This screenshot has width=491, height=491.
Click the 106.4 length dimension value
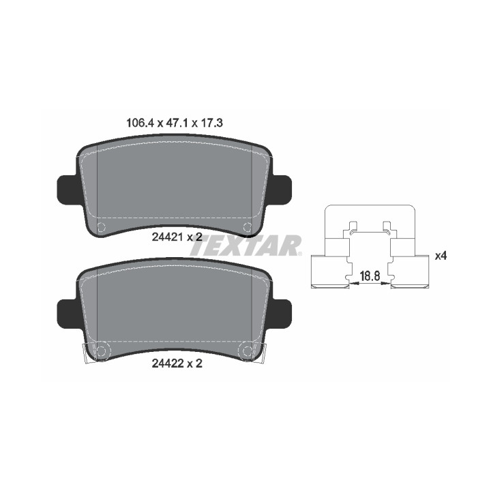[140, 123]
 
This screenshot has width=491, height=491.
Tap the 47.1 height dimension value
[177, 123]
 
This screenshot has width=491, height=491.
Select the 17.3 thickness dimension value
[211, 123]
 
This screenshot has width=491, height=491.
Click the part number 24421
[167, 237]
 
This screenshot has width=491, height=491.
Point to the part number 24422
[167, 363]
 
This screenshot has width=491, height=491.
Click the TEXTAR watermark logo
[245, 245]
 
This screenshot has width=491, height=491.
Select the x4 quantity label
[441, 256]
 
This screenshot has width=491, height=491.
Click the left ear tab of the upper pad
[67, 190]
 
